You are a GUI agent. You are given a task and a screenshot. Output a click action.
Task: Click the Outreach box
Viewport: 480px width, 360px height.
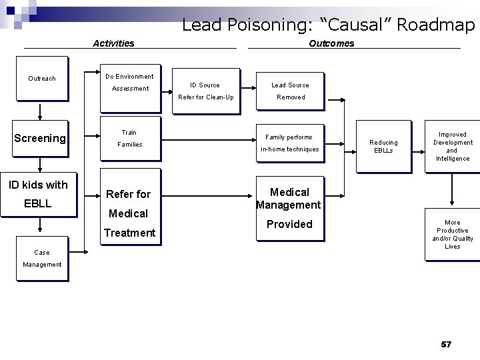pyautogui.click(x=41, y=79)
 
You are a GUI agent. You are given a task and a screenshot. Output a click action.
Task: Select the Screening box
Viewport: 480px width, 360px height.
pyautogui.click(x=40, y=138)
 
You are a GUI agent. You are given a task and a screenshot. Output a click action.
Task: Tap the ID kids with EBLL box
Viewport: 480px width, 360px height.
pyautogui.click(x=39, y=194)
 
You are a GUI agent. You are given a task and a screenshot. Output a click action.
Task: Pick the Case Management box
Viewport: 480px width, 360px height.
pyautogui.click(x=41, y=258)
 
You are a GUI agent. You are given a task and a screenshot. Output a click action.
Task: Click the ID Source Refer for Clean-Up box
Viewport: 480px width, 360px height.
pyautogui.click(x=205, y=91)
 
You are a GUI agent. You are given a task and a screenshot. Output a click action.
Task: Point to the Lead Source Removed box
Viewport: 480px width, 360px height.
pyautogui.click(x=290, y=91)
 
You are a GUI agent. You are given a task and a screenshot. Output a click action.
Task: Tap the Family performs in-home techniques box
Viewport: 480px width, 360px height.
pyautogui.click(x=289, y=143)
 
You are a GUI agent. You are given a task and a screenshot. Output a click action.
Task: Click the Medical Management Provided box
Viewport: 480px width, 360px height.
pyautogui.click(x=289, y=208)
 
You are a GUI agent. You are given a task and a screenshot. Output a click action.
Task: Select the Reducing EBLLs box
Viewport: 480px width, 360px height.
pyautogui.click(x=383, y=146)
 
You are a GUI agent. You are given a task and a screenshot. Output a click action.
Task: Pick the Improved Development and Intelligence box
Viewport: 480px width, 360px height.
pyautogui.click(x=453, y=146)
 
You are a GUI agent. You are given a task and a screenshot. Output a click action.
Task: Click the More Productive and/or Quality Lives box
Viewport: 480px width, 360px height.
pyautogui.click(x=453, y=234)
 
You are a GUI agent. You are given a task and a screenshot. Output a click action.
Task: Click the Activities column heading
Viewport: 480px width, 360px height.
pyautogui.click(x=113, y=43)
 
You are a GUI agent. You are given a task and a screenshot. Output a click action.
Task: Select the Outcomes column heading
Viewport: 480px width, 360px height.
pyautogui.click(x=331, y=43)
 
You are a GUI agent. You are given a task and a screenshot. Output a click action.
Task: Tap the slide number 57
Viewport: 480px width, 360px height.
pyautogui.click(x=446, y=344)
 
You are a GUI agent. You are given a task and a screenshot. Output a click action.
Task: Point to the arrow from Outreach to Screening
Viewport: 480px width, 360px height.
pyautogui.click(x=40, y=110)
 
